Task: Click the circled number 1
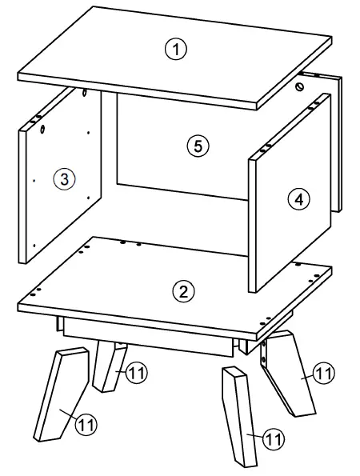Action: point(175,49)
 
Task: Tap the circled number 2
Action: point(184,291)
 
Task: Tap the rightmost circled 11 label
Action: point(323,373)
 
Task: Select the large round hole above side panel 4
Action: point(301,86)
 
